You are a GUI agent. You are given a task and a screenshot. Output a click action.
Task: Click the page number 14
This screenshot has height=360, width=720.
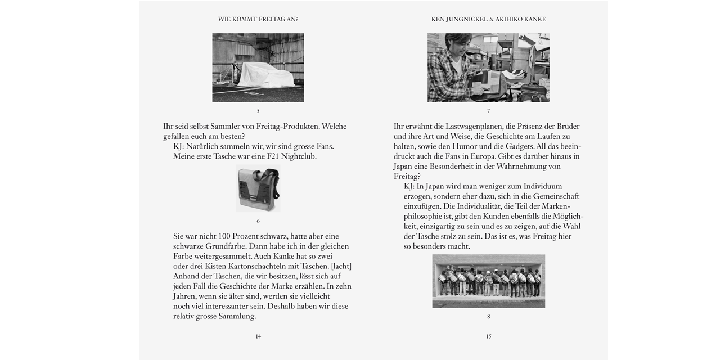point(258,336)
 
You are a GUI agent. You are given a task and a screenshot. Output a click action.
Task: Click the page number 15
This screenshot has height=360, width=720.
point(488,336)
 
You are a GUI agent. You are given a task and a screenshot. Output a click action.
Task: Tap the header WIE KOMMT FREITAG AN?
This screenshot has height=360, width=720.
point(258,19)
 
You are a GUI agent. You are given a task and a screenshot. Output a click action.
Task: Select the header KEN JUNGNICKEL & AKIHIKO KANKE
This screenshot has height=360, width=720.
point(488,19)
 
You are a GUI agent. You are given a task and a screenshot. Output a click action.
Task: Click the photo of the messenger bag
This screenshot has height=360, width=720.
point(258,190)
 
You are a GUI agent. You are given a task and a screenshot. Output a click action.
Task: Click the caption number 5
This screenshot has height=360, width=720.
point(258,111)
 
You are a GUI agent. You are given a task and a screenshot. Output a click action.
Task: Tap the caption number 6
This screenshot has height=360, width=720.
point(258,221)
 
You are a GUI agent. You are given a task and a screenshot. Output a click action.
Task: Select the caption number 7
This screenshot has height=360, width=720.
point(488,111)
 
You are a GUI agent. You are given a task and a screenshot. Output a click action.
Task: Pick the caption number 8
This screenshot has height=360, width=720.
point(488,317)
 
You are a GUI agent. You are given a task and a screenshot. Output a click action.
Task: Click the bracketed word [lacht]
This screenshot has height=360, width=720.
point(341,266)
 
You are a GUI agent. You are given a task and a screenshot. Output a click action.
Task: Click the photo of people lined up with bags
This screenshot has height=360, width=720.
point(488,281)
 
